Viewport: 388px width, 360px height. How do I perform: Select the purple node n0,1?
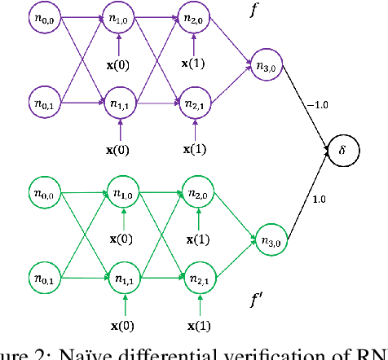[46, 103]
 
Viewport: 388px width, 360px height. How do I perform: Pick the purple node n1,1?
[122, 103]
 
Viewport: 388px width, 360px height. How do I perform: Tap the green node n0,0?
[46, 195]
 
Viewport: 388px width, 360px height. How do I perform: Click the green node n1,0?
[122, 195]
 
